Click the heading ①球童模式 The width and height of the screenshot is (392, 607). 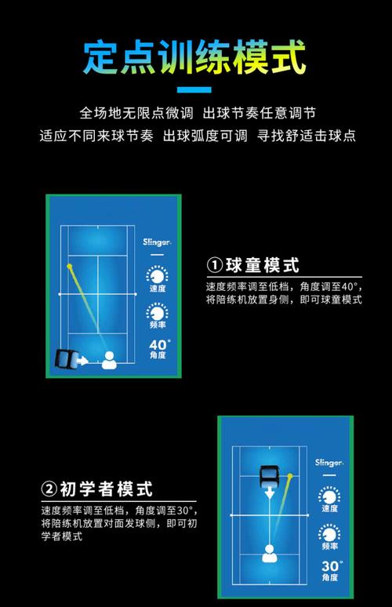pyautogui.click(x=253, y=264)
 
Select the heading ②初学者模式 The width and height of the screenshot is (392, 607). pyautogui.click(x=96, y=490)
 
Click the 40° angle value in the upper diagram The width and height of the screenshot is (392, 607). pyautogui.click(x=158, y=344)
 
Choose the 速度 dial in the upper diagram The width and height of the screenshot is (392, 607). pyautogui.click(x=158, y=276)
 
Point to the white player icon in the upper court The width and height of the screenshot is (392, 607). pyautogui.click(x=108, y=361)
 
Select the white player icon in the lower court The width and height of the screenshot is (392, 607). pyautogui.click(x=269, y=554)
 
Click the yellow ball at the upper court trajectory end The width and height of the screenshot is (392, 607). pyautogui.click(x=70, y=267)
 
